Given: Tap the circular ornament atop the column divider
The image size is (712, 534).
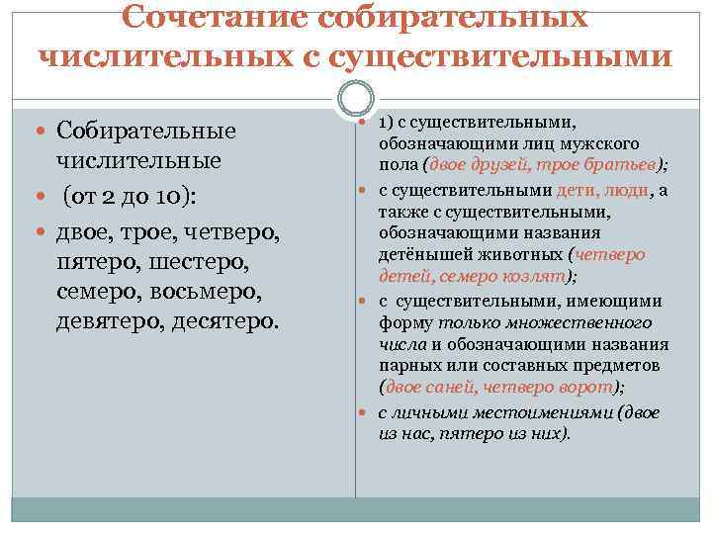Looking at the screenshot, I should point(354,99).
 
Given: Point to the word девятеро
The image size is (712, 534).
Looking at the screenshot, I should point(110,321).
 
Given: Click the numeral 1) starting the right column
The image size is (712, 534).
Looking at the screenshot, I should point(388,121).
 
